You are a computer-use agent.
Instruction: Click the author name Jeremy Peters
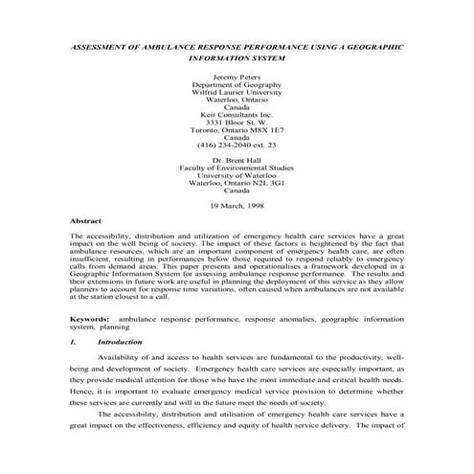tap(236, 75)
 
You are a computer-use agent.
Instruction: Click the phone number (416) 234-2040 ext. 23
tap(236, 144)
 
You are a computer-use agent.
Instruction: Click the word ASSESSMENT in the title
tap(104, 45)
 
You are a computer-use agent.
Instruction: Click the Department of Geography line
tap(236, 83)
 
